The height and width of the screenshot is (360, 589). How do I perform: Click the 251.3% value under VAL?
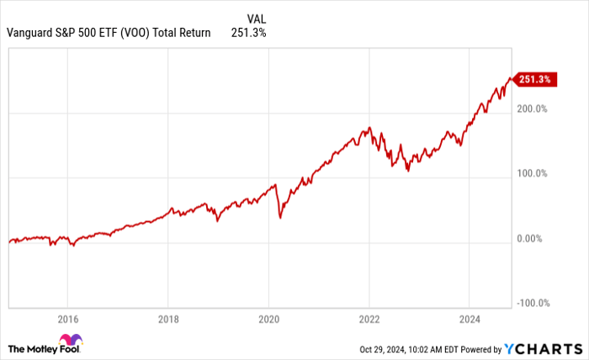point(249,34)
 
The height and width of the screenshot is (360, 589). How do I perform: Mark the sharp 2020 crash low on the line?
point(279,218)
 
